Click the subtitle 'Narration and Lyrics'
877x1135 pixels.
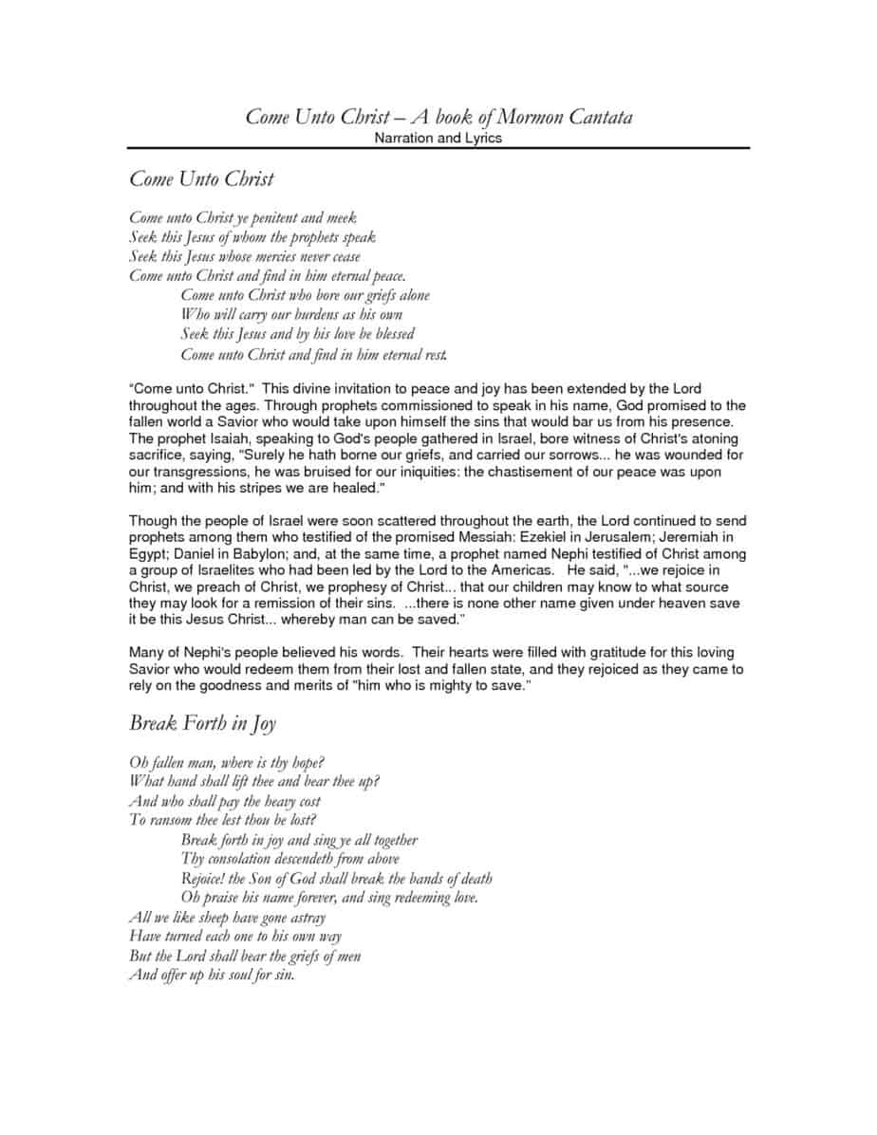coord(438,139)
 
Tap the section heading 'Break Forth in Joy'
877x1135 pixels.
coord(202,723)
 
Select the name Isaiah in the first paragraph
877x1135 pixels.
coord(205,439)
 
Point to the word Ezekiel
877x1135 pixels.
coord(535,538)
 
